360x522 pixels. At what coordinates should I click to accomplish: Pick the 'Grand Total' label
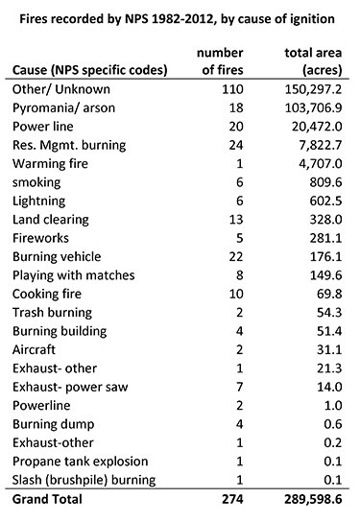tap(48, 500)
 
